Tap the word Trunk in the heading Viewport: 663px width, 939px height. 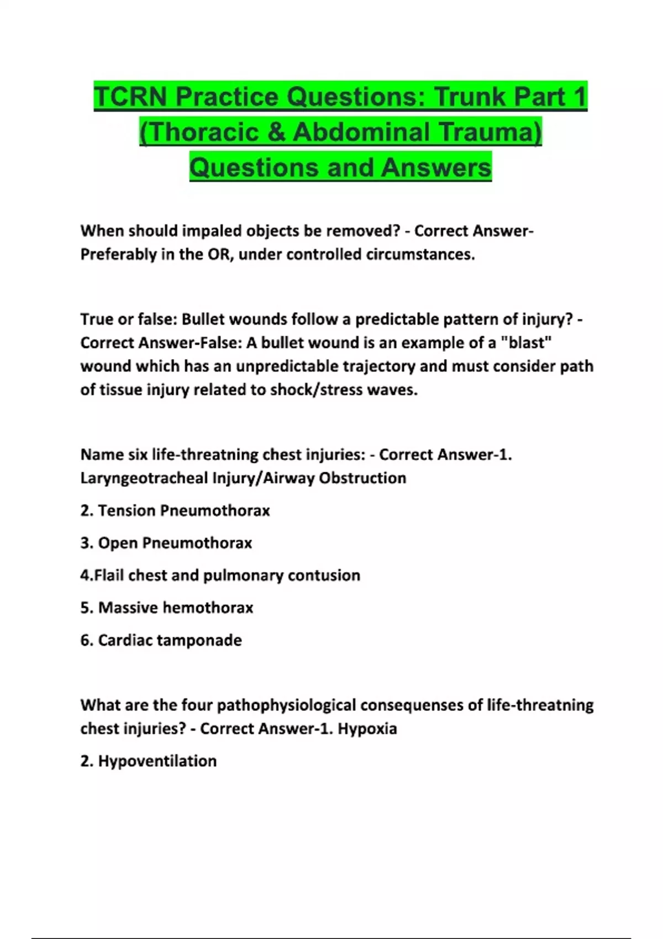point(469,97)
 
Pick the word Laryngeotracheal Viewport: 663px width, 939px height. point(144,478)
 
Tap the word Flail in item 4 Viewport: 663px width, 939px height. point(109,576)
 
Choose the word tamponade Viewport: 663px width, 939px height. point(207,641)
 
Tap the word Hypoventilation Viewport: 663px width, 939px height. point(157,762)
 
